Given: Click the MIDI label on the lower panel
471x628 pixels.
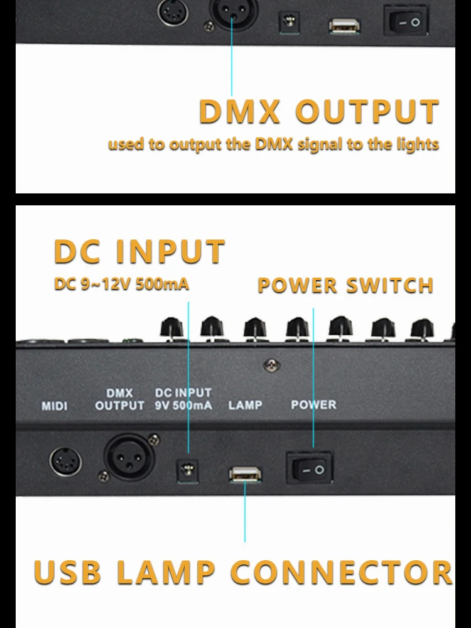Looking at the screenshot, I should [55, 406].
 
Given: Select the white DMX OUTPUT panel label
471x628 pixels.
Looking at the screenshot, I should [119, 400].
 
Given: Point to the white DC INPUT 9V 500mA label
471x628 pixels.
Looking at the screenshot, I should [183, 399].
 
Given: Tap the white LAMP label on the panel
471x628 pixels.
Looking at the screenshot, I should [245, 405].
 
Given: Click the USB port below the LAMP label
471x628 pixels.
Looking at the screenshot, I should [246, 475].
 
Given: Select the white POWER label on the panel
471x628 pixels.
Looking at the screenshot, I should [313, 405].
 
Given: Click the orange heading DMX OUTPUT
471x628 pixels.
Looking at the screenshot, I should [319, 112].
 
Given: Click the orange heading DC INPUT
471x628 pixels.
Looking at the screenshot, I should [139, 251].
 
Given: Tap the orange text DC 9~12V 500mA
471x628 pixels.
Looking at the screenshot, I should [121, 284].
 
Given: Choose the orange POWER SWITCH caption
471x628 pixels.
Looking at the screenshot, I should [345, 286].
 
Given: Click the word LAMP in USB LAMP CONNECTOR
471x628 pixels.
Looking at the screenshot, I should [166, 572].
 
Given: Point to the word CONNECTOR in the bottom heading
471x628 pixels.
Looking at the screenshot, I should [342, 572].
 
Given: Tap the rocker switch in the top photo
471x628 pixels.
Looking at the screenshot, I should [406, 22].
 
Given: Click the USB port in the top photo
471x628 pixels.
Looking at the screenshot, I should [344, 25].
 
